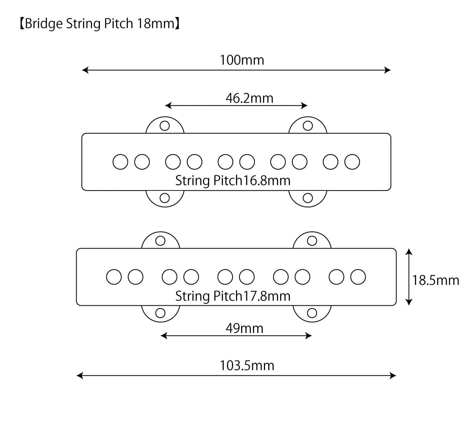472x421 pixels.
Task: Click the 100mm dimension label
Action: click(242, 60)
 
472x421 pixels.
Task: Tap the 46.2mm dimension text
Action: click(249, 98)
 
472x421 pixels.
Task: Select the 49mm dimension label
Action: click(244, 328)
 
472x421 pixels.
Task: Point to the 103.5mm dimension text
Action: click(247, 366)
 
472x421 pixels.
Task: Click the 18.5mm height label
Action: click(435, 280)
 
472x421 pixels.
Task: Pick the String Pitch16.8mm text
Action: click(232, 181)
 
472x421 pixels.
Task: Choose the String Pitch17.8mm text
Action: click(232, 295)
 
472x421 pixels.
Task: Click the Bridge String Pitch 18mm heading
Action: click(100, 24)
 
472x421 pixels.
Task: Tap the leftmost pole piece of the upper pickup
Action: click(120, 162)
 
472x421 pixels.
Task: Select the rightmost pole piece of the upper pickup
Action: click(352, 162)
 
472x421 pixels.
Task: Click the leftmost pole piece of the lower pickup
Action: click(114, 277)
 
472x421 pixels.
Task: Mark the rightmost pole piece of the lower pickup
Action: click(358, 277)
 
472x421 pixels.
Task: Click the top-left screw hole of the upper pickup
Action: click(165, 126)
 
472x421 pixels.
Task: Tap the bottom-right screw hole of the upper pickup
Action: click(308, 198)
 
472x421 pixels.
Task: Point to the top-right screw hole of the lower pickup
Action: click(312, 240)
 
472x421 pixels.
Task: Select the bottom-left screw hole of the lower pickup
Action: click(160, 313)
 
